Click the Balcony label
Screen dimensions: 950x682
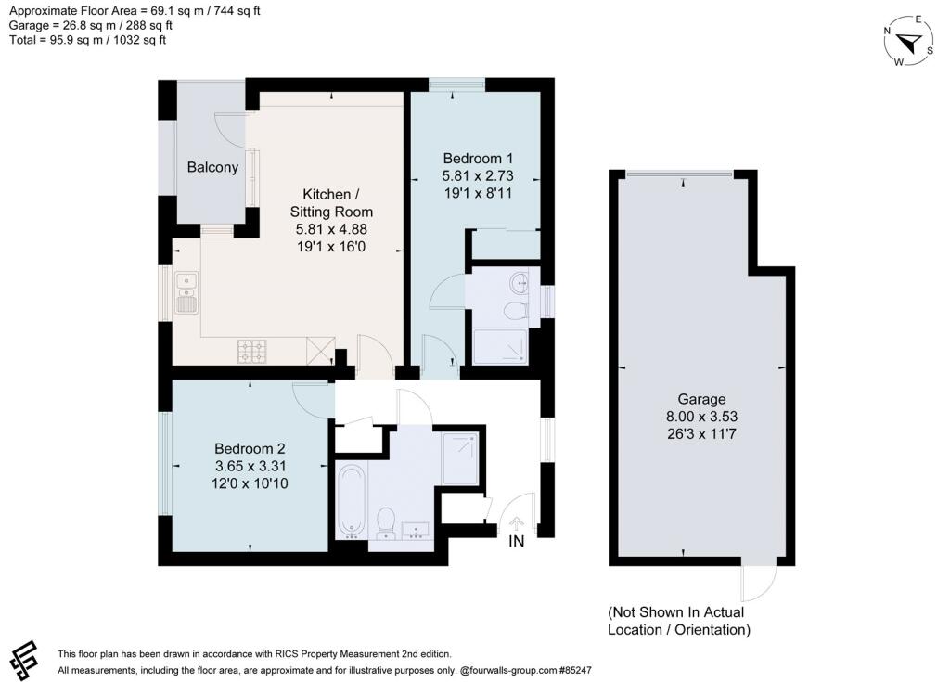click(x=212, y=167)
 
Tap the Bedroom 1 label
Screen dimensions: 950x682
click(x=478, y=159)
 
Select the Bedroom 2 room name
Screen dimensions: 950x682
click(x=250, y=448)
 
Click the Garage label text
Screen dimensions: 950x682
click(x=701, y=399)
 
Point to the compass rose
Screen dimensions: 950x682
click(x=908, y=41)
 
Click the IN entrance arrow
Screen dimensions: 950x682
click(x=516, y=523)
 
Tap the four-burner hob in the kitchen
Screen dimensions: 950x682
click(x=252, y=351)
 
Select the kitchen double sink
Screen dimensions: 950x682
click(x=186, y=293)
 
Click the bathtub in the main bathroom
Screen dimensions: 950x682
click(x=351, y=501)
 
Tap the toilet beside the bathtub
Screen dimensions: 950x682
click(x=386, y=523)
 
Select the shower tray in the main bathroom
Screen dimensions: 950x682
click(x=460, y=457)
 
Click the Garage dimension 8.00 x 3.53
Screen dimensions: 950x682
click(x=701, y=417)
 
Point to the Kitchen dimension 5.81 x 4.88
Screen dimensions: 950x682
click(x=331, y=229)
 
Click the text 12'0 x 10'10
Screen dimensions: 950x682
click(x=250, y=483)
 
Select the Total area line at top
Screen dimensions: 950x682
click(x=87, y=40)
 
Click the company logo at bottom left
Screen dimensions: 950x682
click(x=23, y=660)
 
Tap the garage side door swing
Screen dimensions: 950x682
click(x=759, y=584)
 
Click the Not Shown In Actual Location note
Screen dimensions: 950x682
click(x=678, y=621)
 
